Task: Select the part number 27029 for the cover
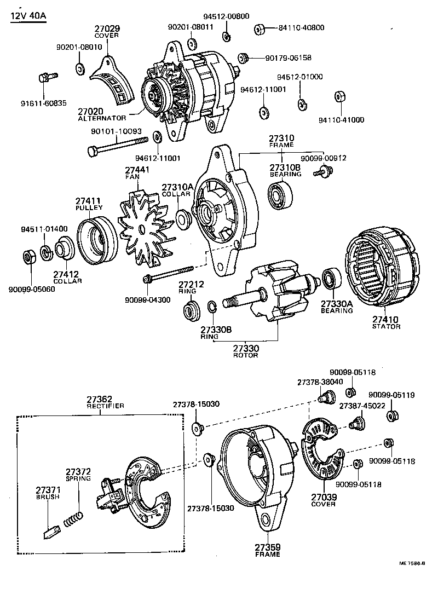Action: pyautogui.click(x=107, y=28)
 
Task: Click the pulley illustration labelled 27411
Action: pyautogui.click(x=96, y=241)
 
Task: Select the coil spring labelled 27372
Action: pyautogui.click(x=73, y=518)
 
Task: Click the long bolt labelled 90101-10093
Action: pyautogui.click(x=118, y=145)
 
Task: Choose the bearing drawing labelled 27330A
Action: pyautogui.click(x=331, y=279)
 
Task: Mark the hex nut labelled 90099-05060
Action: pyautogui.click(x=31, y=257)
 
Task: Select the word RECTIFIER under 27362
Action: pyautogui.click(x=106, y=406)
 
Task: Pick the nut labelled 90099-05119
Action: pyautogui.click(x=391, y=415)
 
